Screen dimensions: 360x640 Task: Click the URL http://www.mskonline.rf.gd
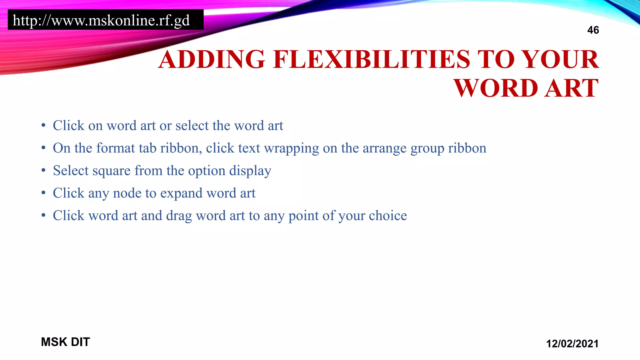pyautogui.click(x=101, y=21)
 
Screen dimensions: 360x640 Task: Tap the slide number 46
pyautogui.click(x=593, y=30)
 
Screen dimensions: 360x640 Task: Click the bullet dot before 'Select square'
pyautogui.click(x=43, y=171)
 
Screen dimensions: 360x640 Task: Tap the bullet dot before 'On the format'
pyautogui.click(x=43, y=148)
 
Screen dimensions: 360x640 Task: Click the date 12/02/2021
pyautogui.click(x=572, y=344)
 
